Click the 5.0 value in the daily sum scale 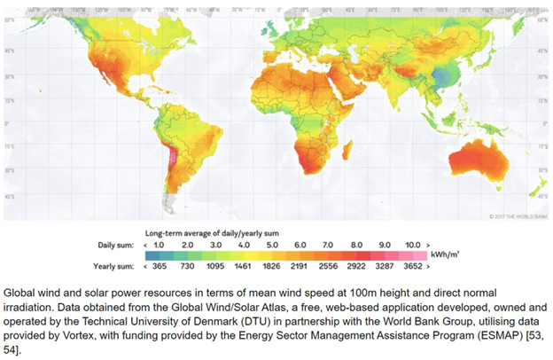click(x=272, y=244)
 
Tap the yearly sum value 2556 click(x=327, y=264)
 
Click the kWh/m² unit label click(x=443, y=254)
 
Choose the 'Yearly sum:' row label click(x=115, y=264)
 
